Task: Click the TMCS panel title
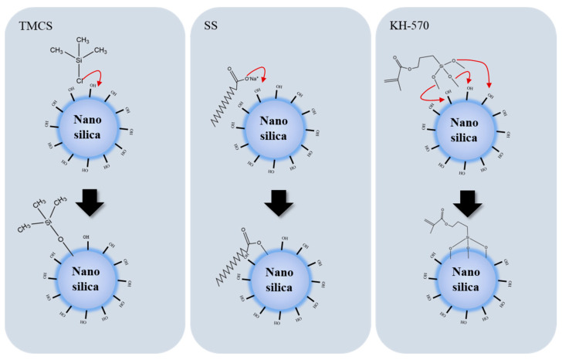[28, 25]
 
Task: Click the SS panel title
[213, 25]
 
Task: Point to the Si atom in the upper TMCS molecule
[79, 60]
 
